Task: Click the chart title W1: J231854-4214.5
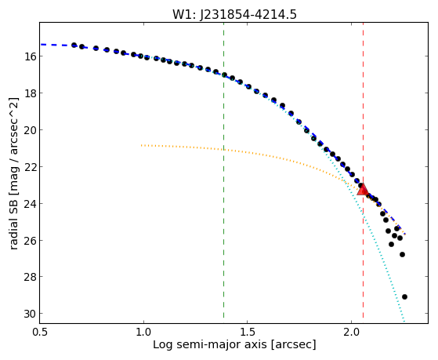pyautogui.click(x=234, y=14)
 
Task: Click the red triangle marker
pyautogui.click(x=363, y=189)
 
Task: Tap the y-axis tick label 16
pyautogui.click(x=30, y=56)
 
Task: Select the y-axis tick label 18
pyautogui.click(x=30, y=93)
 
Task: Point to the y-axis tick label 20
pyautogui.click(x=30, y=130)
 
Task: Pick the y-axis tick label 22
pyautogui.click(x=30, y=167)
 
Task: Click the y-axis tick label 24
pyautogui.click(x=30, y=204)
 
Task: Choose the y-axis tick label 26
pyautogui.click(x=30, y=241)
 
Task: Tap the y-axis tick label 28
pyautogui.click(x=30, y=277)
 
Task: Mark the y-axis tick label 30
pyautogui.click(x=30, y=314)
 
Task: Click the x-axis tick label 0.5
pyautogui.click(x=40, y=332)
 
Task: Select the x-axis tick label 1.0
pyautogui.click(x=143, y=332)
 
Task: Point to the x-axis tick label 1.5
pyautogui.click(x=248, y=332)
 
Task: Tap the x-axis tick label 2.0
pyautogui.click(x=351, y=332)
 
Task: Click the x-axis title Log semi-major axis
pyautogui.click(x=209, y=345)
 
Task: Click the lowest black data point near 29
pyautogui.click(x=404, y=296)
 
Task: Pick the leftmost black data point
pyautogui.click(x=74, y=45)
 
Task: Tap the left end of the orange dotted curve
pyautogui.click(x=142, y=145)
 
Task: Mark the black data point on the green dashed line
pyautogui.click(x=224, y=75)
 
